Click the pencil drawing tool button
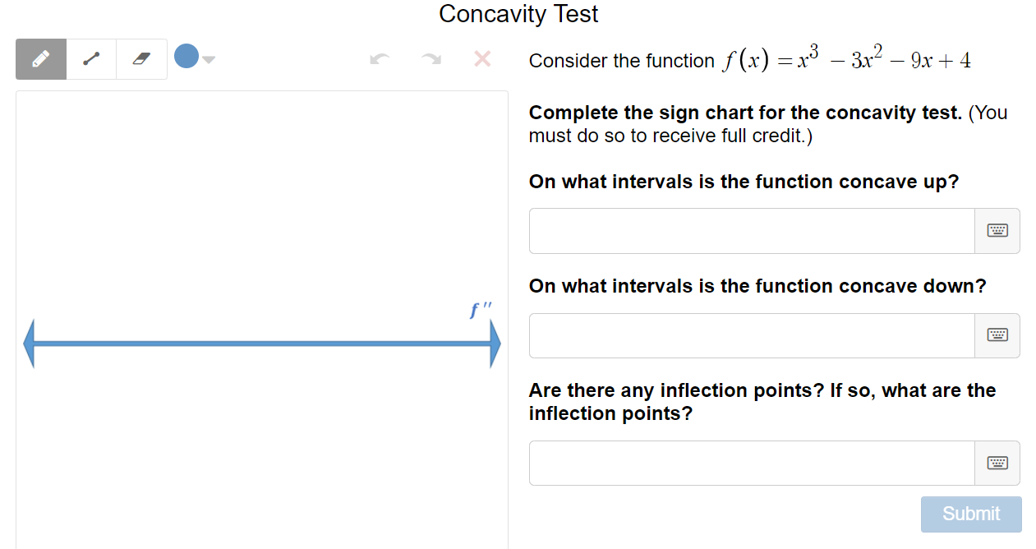click(x=40, y=59)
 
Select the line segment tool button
click(x=91, y=59)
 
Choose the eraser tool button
click(x=141, y=59)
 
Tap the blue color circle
click(x=186, y=56)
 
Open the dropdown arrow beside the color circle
click(x=209, y=59)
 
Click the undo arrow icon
click(x=380, y=59)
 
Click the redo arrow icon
click(x=431, y=59)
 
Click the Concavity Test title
click(x=518, y=14)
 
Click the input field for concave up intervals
click(x=751, y=231)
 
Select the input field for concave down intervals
click(x=751, y=335)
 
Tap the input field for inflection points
click(x=751, y=463)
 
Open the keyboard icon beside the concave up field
click(x=997, y=231)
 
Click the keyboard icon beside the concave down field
click(x=997, y=335)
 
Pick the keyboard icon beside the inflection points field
click(x=997, y=463)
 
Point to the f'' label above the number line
click(x=481, y=310)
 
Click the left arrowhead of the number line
click(x=30, y=344)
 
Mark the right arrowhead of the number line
click(x=495, y=344)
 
